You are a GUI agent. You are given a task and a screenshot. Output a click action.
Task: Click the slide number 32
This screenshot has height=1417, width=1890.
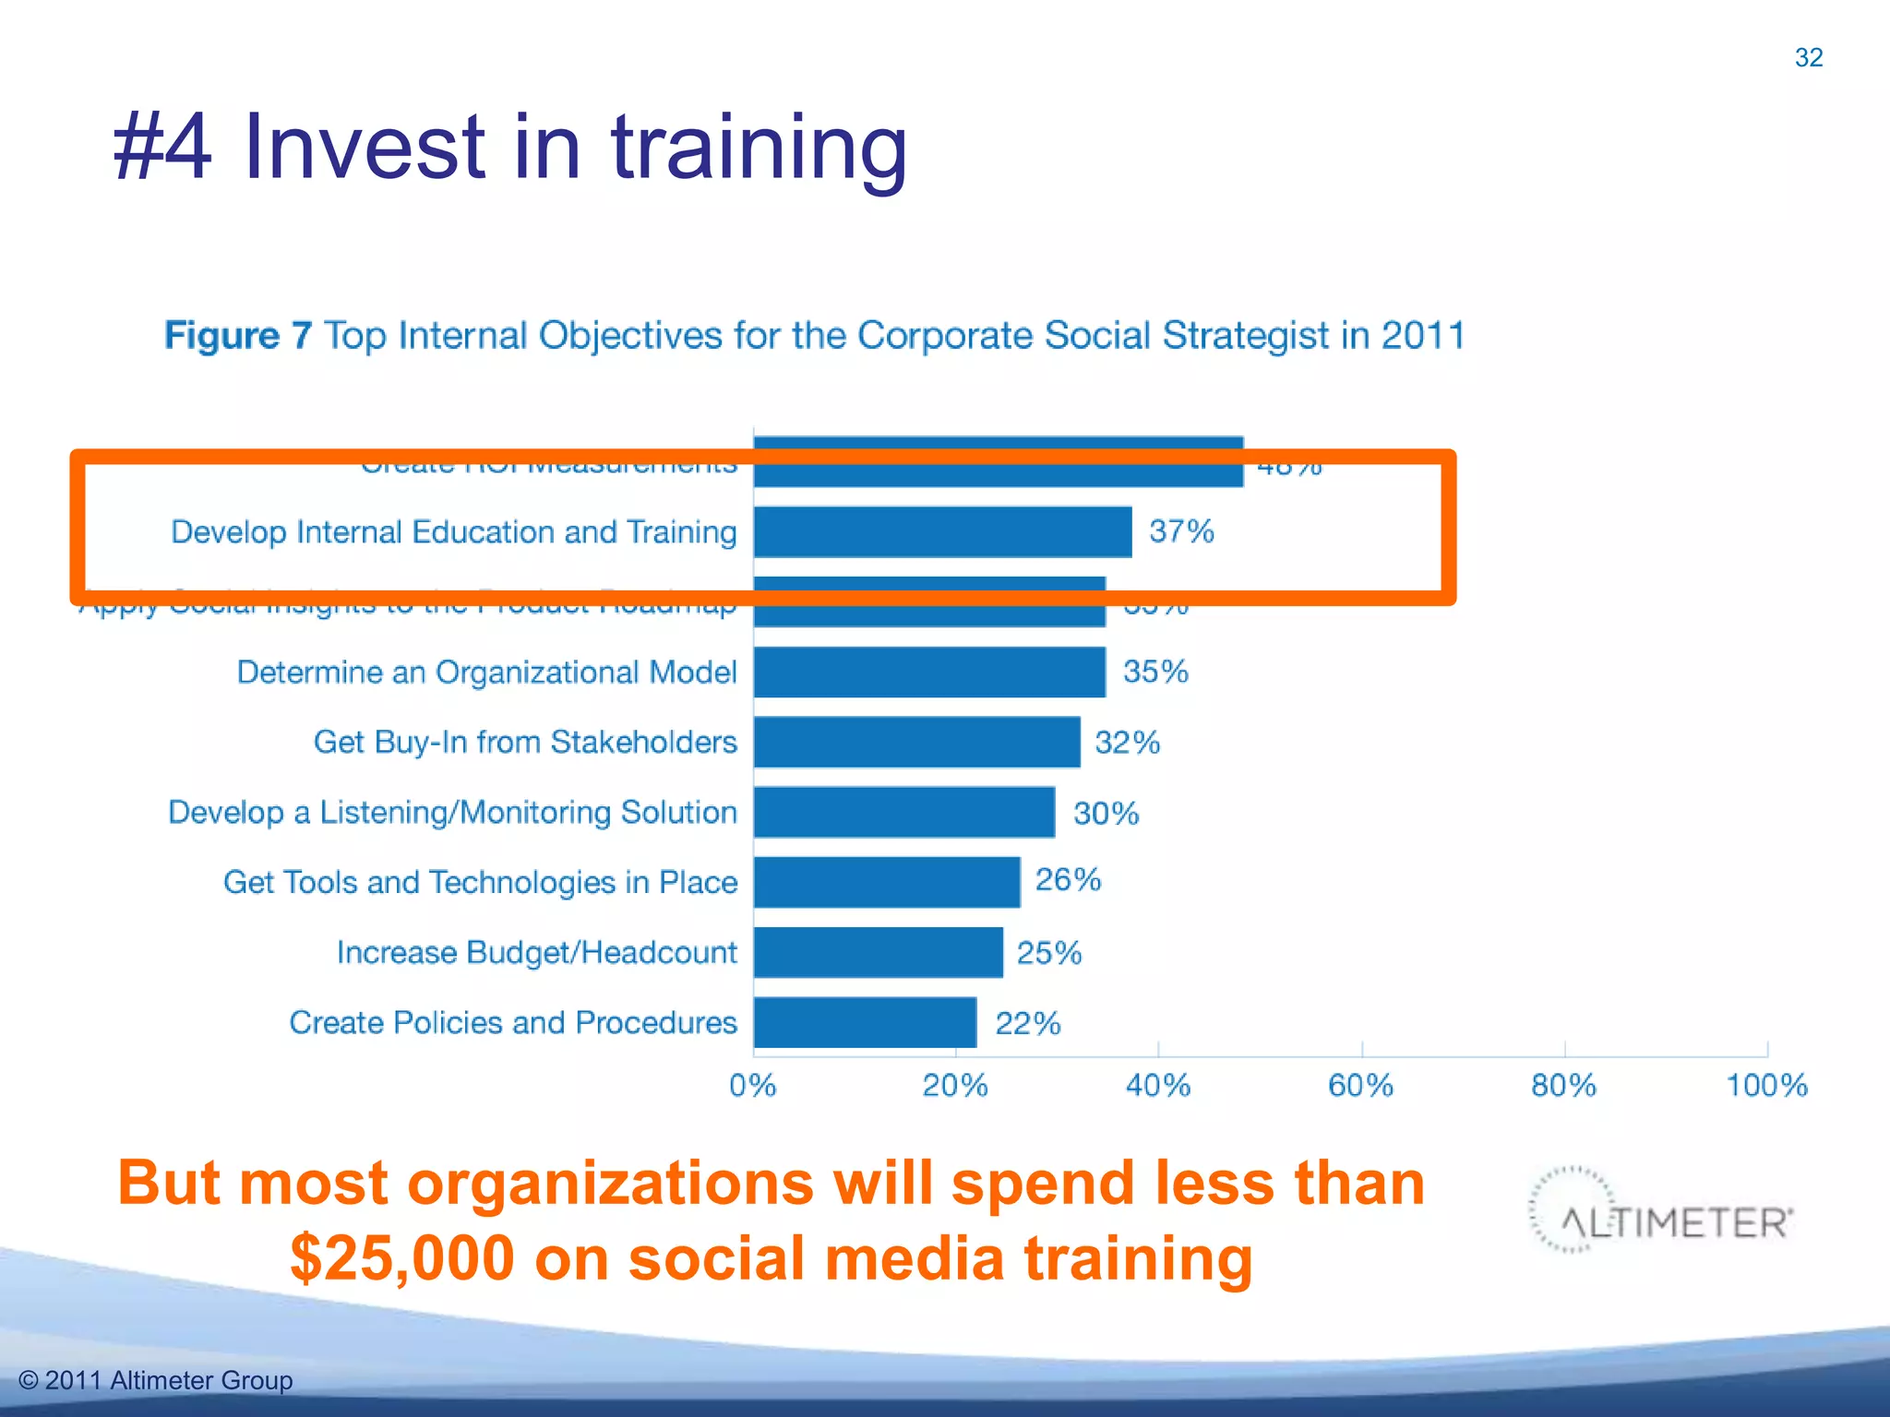coord(1808,57)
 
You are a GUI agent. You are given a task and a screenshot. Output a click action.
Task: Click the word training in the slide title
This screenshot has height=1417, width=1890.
coord(759,148)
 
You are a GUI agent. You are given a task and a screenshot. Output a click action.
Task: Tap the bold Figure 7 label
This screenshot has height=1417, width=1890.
coord(238,335)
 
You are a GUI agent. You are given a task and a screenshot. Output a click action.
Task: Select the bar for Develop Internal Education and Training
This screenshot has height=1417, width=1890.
coord(942,532)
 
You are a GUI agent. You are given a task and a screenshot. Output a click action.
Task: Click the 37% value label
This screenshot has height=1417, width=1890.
coord(1181,531)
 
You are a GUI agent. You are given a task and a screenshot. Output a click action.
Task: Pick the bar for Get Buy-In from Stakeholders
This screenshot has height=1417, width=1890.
coord(916,743)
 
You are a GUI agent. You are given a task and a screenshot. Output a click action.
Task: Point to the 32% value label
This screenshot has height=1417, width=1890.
coord(1127,743)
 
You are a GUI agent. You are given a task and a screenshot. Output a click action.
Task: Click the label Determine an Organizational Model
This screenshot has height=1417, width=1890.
coord(486,672)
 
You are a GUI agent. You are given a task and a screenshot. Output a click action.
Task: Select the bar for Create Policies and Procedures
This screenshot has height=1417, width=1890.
coord(865,1022)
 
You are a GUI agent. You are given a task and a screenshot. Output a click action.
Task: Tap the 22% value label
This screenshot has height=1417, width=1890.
coord(1027,1023)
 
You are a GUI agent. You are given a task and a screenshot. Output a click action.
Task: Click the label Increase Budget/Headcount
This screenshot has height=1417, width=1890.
coord(536,952)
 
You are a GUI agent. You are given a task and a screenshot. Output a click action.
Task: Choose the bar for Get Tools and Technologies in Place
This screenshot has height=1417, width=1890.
coord(887,882)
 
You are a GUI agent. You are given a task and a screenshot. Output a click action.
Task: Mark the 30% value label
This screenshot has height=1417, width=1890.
coord(1106,813)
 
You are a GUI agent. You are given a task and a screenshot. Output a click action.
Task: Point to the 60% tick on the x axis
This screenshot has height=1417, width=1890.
coord(1361,1085)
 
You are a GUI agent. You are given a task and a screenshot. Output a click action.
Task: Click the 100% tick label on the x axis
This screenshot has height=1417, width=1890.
coord(1766,1085)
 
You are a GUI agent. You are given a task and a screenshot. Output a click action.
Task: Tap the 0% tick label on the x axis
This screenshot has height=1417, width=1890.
coord(752,1085)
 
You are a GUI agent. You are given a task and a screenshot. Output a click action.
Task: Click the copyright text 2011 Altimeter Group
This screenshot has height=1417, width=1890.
coord(156,1380)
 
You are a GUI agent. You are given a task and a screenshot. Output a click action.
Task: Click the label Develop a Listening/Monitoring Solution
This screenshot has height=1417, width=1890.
coord(452,812)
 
